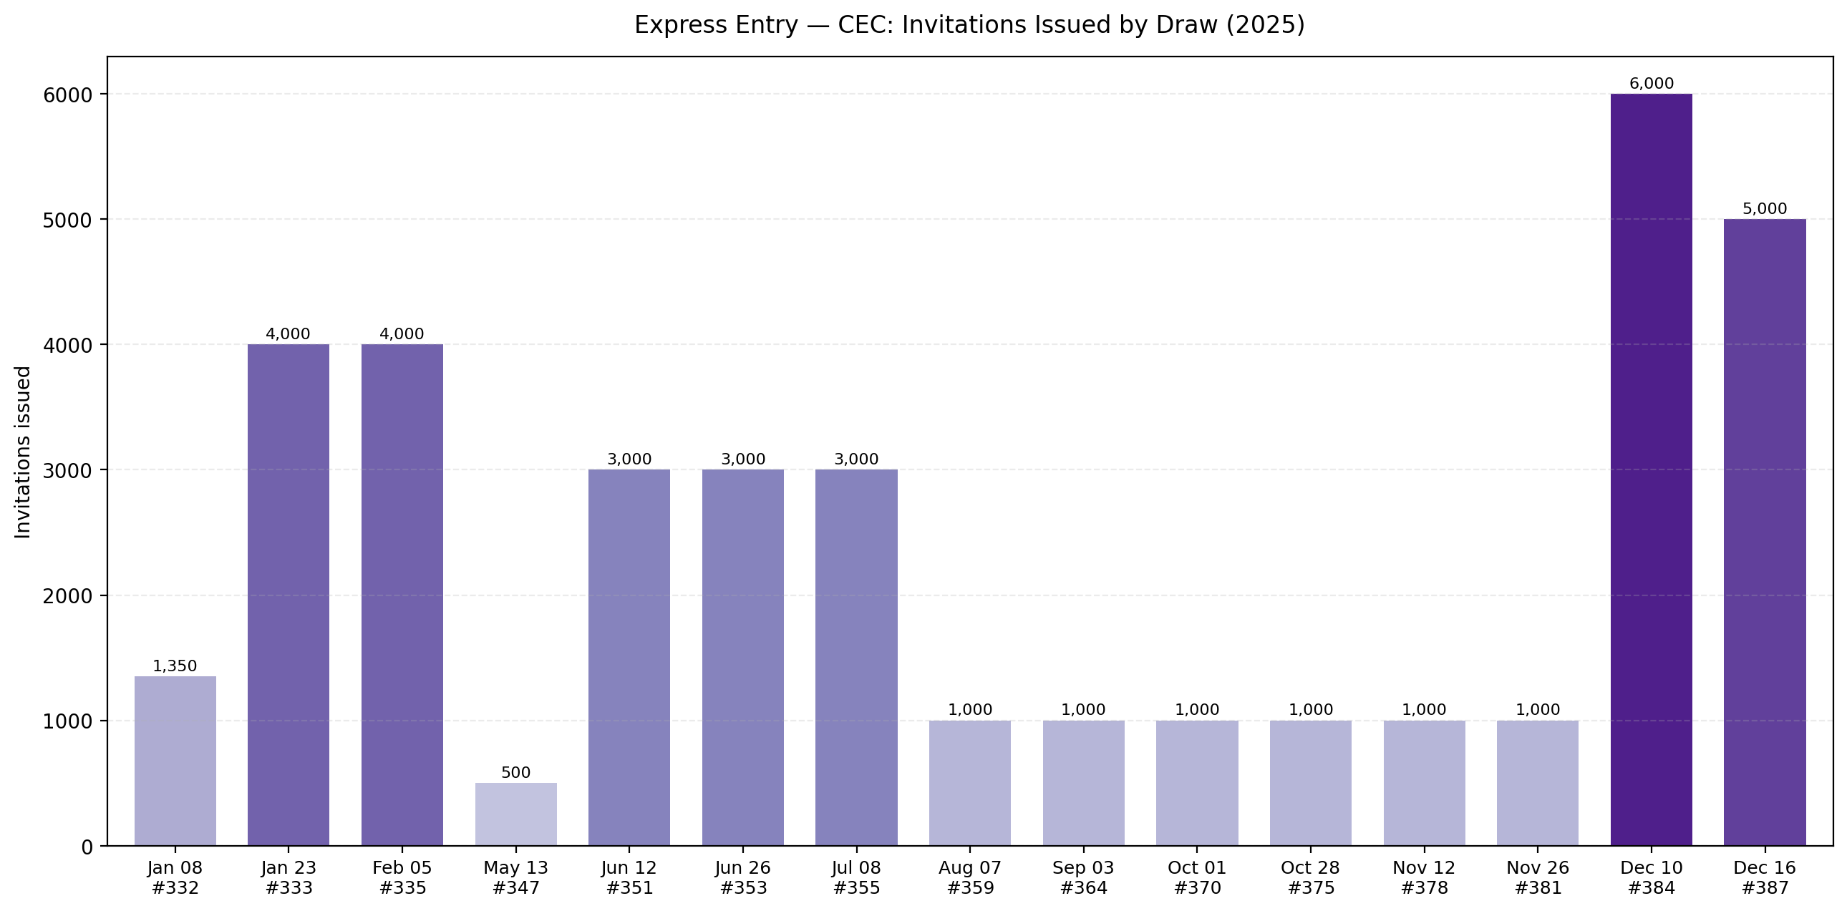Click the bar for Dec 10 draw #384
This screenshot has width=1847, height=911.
coord(1651,469)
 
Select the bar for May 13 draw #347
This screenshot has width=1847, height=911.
coord(515,814)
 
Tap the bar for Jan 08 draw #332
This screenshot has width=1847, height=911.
coord(175,761)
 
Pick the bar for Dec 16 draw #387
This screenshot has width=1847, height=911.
coord(1764,532)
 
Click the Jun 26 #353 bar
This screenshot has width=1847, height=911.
coord(743,657)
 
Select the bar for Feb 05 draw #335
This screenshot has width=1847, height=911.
coord(402,595)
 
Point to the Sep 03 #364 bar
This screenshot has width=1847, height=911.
coord(1082,783)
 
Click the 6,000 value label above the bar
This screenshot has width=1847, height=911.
coord(1651,84)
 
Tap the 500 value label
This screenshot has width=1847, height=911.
coord(515,773)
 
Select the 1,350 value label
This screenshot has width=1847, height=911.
coord(175,666)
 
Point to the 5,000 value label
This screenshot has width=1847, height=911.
coord(1764,209)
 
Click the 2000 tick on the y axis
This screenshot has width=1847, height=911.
coord(68,596)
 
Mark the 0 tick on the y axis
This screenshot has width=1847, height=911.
coord(87,847)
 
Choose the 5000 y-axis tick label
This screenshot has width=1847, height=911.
coord(68,220)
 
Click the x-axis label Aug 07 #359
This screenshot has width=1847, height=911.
coord(969,878)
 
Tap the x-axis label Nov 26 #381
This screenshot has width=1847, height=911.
coord(1537,878)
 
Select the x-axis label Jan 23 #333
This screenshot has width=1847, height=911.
coord(289,878)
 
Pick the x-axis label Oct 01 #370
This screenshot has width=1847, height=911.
coord(1196,878)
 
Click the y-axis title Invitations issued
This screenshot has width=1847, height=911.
coord(23,452)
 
